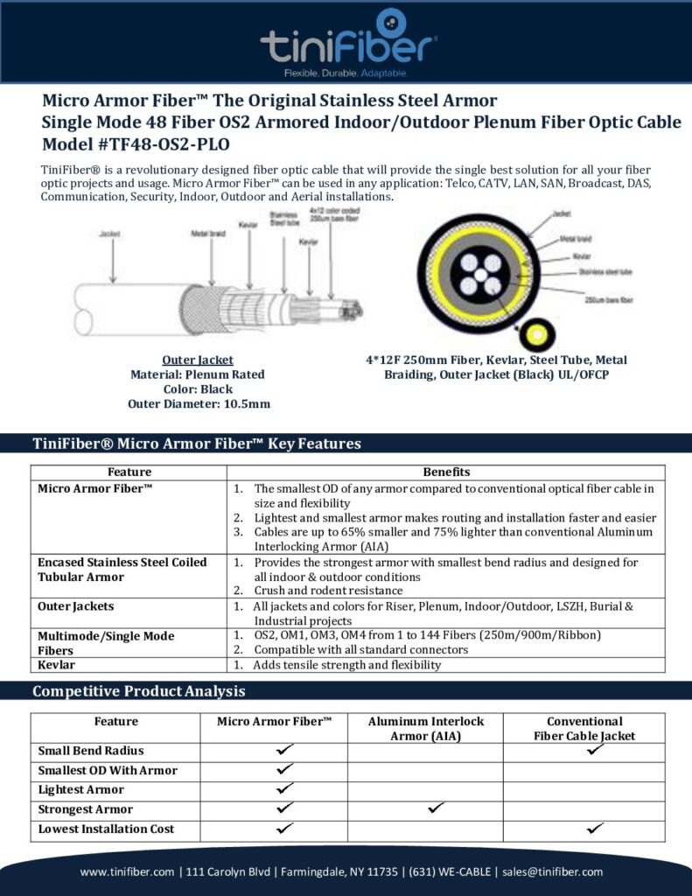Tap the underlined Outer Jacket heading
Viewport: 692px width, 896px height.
[x=198, y=360]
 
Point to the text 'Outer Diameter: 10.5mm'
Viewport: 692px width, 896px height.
[x=198, y=403]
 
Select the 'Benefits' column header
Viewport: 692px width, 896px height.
[x=446, y=472]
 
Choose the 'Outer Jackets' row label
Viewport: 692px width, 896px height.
[x=76, y=605]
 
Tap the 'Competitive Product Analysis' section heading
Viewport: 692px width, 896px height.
[x=138, y=691]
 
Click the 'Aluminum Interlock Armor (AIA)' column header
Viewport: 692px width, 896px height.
[x=425, y=729]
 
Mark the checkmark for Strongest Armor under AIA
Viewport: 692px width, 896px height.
[x=434, y=808]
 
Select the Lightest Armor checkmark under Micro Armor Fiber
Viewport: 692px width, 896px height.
[x=284, y=789]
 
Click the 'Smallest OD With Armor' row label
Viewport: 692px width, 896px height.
[x=108, y=770]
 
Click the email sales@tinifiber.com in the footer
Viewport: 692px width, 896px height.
[x=555, y=871]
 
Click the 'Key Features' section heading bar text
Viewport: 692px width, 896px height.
[x=196, y=444]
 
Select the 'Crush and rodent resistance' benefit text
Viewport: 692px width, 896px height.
[x=328, y=591]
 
